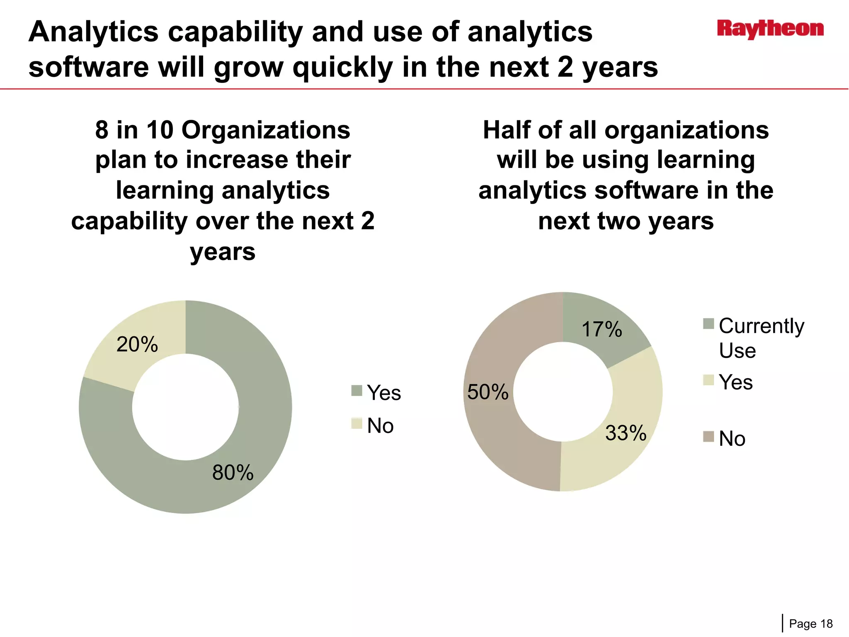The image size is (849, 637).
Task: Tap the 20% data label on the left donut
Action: (137, 344)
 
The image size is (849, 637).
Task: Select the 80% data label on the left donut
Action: (233, 472)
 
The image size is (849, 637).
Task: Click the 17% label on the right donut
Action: (602, 329)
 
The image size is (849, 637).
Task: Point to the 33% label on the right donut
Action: (626, 433)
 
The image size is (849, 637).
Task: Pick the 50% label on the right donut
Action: (488, 392)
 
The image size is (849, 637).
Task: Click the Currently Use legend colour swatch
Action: (708, 323)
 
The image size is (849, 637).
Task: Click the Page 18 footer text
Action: (810, 624)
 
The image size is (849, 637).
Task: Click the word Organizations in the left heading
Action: (266, 130)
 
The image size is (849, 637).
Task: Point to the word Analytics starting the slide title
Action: (93, 32)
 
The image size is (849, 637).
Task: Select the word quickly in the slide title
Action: (342, 67)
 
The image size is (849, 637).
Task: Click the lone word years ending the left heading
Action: (223, 251)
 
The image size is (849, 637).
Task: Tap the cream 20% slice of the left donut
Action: (120, 365)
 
